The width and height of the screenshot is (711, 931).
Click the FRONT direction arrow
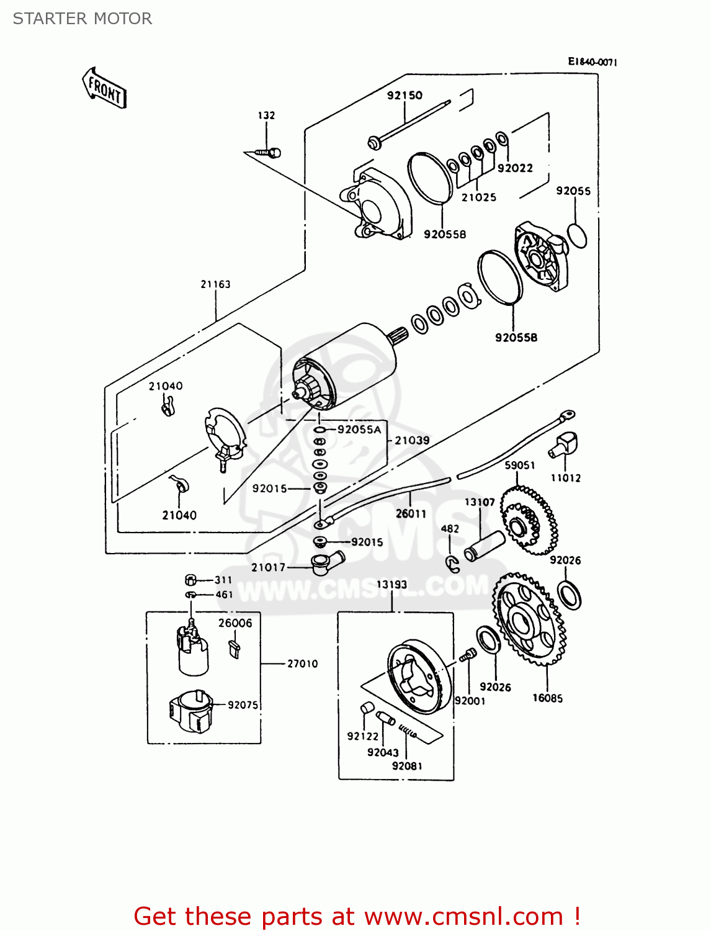[x=104, y=89]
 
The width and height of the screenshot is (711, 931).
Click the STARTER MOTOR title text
[x=83, y=19]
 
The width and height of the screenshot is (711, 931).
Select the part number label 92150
[x=405, y=95]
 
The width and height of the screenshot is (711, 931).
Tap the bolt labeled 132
[x=270, y=152]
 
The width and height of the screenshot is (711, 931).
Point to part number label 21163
[x=215, y=284]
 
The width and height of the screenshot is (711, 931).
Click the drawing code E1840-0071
[x=592, y=61]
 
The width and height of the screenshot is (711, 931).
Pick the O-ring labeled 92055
[x=577, y=236]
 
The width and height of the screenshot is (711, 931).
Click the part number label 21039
[x=412, y=440]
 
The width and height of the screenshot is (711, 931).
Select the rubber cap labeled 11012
[x=565, y=443]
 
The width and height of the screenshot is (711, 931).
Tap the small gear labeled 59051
[x=528, y=520]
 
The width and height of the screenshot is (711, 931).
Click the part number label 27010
[x=302, y=663]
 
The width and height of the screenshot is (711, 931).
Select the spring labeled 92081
[x=408, y=732]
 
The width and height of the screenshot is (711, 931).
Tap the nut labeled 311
[x=191, y=580]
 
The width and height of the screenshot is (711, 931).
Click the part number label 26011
[x=411, y=513]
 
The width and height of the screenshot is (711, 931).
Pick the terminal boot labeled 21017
[x=326, y=562]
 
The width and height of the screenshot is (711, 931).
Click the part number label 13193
[x=391, y=584]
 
